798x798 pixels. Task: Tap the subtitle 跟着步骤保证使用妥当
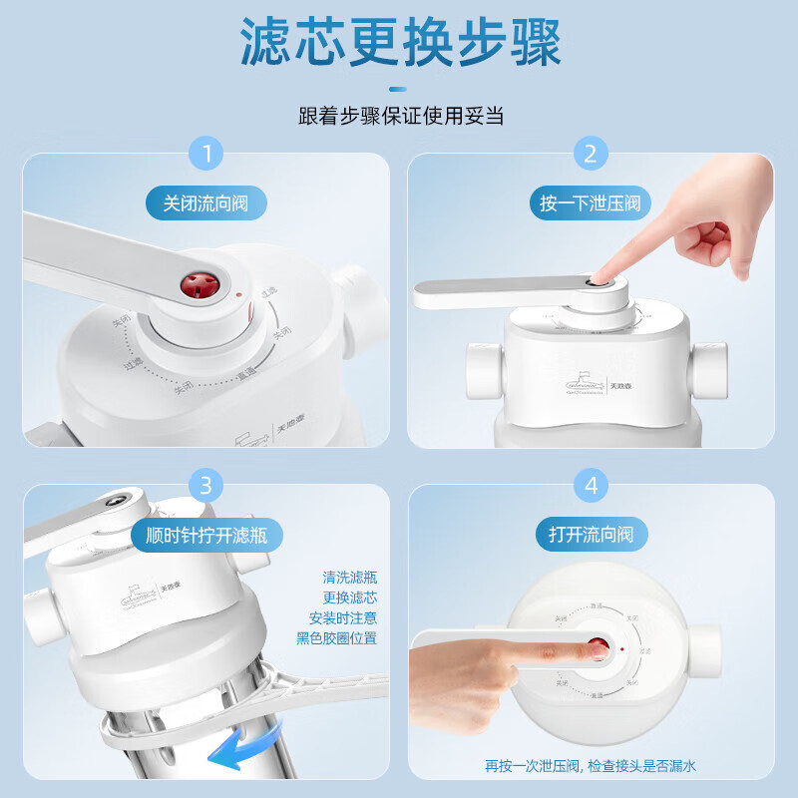click(400, 116)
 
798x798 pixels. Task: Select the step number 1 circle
click(206, 154)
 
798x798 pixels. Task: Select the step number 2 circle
click(591, 154)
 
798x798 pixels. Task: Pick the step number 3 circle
click(206, 485)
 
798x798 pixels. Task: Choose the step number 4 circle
click(591, 486)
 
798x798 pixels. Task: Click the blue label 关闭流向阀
click(206, 204)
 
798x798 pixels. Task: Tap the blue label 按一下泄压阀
click(591, 204)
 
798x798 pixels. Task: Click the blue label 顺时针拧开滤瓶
click(206, 535)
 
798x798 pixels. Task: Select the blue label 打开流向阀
click(591, 535)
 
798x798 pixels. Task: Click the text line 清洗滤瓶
click(350, 578)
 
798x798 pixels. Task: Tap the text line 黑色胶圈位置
click(337, 638)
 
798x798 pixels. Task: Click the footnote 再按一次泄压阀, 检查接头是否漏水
click(591, 766)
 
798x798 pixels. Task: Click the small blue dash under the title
click(400, 87)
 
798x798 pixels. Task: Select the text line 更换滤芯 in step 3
click(350, 598)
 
